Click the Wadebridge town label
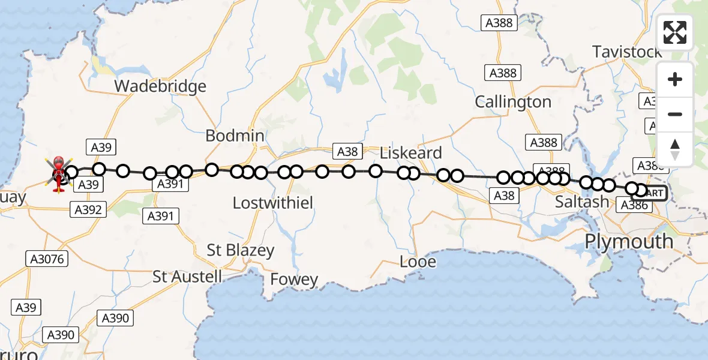pyautogui.click(x=160, y=86)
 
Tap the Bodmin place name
pyautogui.click(x=235, y=136)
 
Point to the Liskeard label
pyautogui.click(x=411, y=153)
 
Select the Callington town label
pyautogui.click(x=513, y=102)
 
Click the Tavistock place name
pyautogui.click(x=627, y=52)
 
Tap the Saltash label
pyautogui.click(x=581, y=202)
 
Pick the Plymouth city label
pyautogui.click(x=629, y=241)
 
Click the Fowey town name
pyautogui.click(x=294, y=280)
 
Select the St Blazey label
pyautogui.click(x=241, y=250)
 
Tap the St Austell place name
pyautogui.click(x=187, y=277)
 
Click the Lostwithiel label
pyautogui.click(x=273, y=203)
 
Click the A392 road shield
pyautogui.click(x=88, y=209)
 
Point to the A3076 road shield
pyautogui.click(x=47, y=259)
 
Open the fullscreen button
pyautogui.click(x=675, y=32)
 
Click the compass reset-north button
pyautogui.click(x=675, y=149)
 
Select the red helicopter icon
pyautogui.click(x=59, y=174)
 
